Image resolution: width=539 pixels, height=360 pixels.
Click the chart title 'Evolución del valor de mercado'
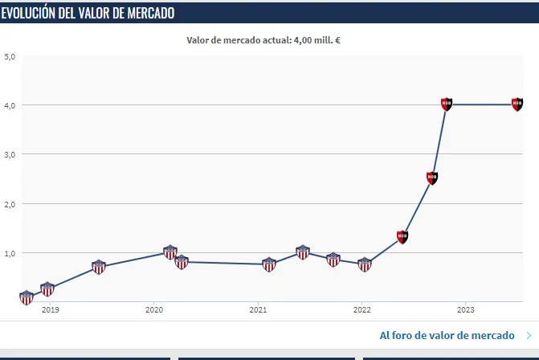tap(88, 13)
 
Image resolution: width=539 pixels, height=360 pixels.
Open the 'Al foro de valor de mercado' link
tap(447, 335)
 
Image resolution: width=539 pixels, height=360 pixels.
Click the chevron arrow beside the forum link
tap(528, 335)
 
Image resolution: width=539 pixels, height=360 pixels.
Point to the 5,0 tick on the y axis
tap(10, 57)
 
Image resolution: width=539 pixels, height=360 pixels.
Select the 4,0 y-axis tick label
tap(10, 105)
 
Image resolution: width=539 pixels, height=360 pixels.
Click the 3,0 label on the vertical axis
tap(10, 154)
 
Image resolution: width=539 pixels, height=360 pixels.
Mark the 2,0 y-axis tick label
tap(10, 204)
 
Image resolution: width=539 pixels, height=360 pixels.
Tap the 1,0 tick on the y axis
tap(10, 253)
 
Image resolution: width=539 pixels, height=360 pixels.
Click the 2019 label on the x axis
tap(50, 309)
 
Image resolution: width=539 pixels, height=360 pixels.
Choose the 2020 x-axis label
tap(154, 309)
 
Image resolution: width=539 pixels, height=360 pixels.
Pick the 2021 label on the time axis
tap(258, 309)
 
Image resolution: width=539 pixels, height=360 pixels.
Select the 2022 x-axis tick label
tap(361, 309)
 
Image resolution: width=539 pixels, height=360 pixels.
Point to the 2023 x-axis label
tap(465, 309)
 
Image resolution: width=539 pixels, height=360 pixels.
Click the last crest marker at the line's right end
tap(517, 104)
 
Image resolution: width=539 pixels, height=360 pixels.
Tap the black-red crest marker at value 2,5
tap(432, 178)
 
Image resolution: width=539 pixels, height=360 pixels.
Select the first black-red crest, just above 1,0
tap(402, 237)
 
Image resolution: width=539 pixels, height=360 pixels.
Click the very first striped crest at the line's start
tap(27, 297)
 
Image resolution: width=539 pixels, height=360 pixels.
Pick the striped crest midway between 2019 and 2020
tap(99, 267)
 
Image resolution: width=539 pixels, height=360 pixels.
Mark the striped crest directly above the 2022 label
tap(365, 264)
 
